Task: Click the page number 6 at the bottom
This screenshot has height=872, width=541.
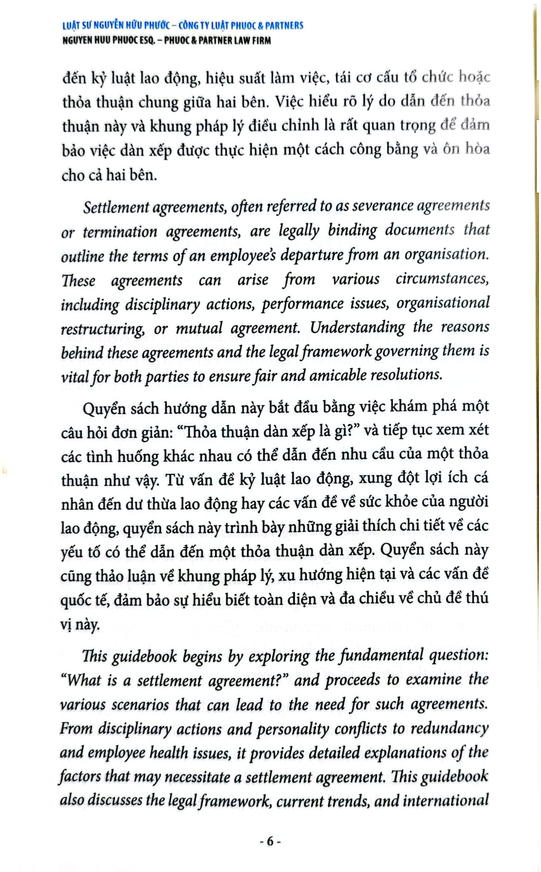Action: click(270, 841)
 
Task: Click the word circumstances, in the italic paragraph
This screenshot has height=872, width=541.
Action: click(442, 279)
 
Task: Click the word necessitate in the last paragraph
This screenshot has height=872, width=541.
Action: click(198, 777)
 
